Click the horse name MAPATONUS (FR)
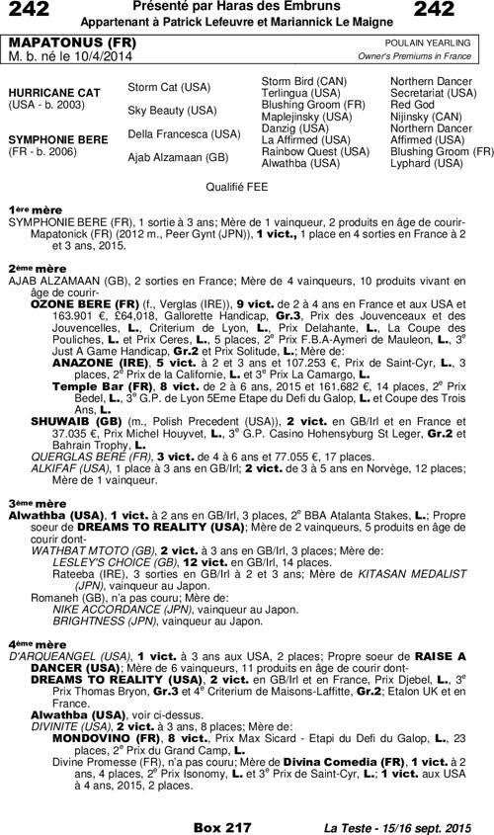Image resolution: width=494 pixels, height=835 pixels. click(x=61, y=44)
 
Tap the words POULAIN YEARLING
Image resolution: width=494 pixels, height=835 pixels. click(x=432, y=44)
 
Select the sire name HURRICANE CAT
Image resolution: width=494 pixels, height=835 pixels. click(x=55, y=92)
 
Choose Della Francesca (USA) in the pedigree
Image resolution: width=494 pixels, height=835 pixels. click(x=184, y=133)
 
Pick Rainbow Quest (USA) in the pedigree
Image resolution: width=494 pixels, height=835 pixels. click(x=306, y=151)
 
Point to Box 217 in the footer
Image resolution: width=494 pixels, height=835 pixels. click(x=222, y=825)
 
